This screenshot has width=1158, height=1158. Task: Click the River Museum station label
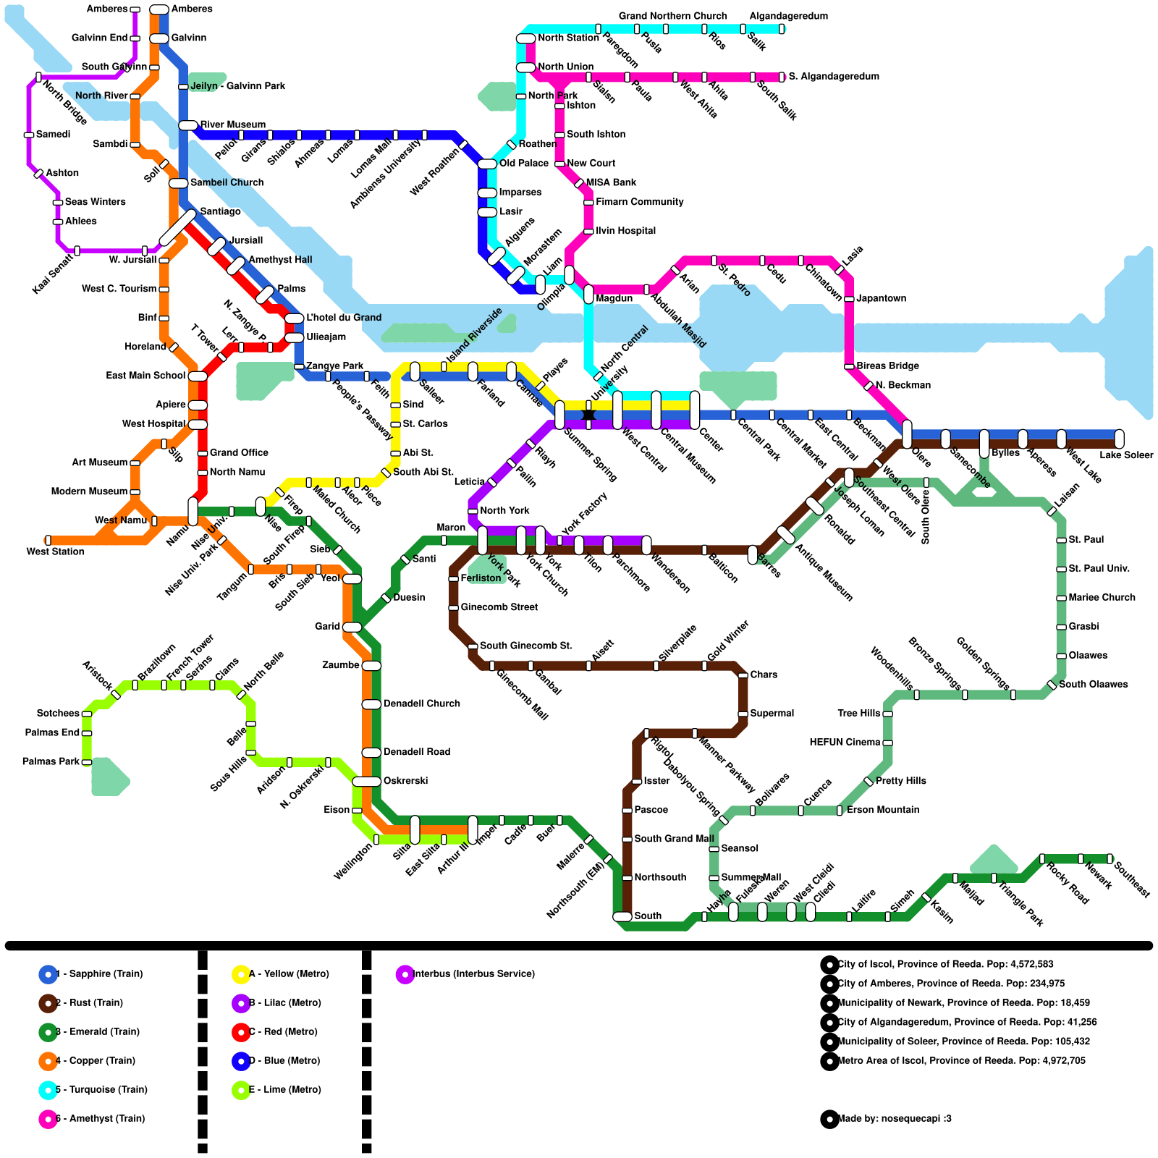[233, 124]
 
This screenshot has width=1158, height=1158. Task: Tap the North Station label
[568, 38]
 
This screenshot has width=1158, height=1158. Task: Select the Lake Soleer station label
[1126, 455]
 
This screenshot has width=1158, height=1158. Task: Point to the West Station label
[56, 551]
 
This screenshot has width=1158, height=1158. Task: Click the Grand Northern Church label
[672, 16]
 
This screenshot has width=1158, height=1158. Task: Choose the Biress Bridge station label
[887, 366]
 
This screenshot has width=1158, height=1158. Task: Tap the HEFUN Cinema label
[845, 743]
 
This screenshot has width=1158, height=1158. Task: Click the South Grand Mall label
[674, 839]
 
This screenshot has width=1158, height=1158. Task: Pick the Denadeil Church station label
[422, 703]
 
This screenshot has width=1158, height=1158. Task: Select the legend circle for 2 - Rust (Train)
[48, 1003]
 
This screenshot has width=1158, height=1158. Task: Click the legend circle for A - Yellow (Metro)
[241, 974]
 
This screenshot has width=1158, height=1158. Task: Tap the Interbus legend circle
[405, 974]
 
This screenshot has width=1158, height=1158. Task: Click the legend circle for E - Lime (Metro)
[241, 1090]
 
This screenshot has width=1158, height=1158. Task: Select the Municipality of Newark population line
[963, 1003]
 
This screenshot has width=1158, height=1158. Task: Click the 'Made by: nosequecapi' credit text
[894, 1119]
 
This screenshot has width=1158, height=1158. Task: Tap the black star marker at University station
[588, 415]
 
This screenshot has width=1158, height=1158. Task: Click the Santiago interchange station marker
[177, 227]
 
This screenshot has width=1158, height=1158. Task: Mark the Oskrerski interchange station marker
[367, 782]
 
